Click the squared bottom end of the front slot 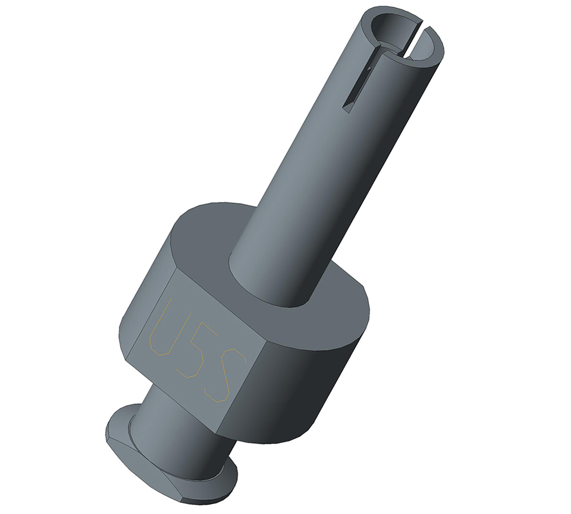348,107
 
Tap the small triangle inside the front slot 369,68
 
